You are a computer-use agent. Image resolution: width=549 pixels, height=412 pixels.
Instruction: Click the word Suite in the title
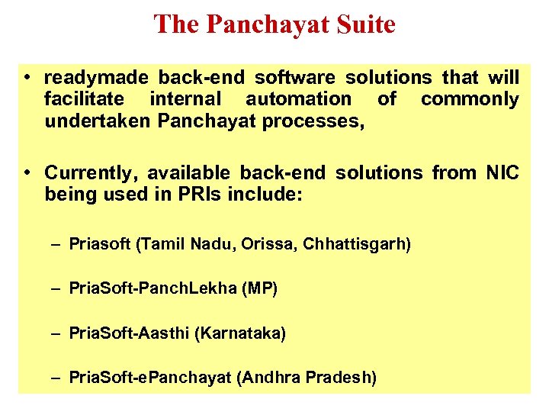(x=363, y=24)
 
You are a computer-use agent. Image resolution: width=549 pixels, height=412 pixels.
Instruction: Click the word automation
(x=298, y=99)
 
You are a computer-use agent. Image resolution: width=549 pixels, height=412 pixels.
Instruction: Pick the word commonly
(x=470, y=99)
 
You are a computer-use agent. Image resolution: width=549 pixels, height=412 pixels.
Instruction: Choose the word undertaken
(x=97, y=121)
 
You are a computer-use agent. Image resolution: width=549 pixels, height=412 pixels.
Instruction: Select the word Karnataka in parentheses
(x=242, y=333)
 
